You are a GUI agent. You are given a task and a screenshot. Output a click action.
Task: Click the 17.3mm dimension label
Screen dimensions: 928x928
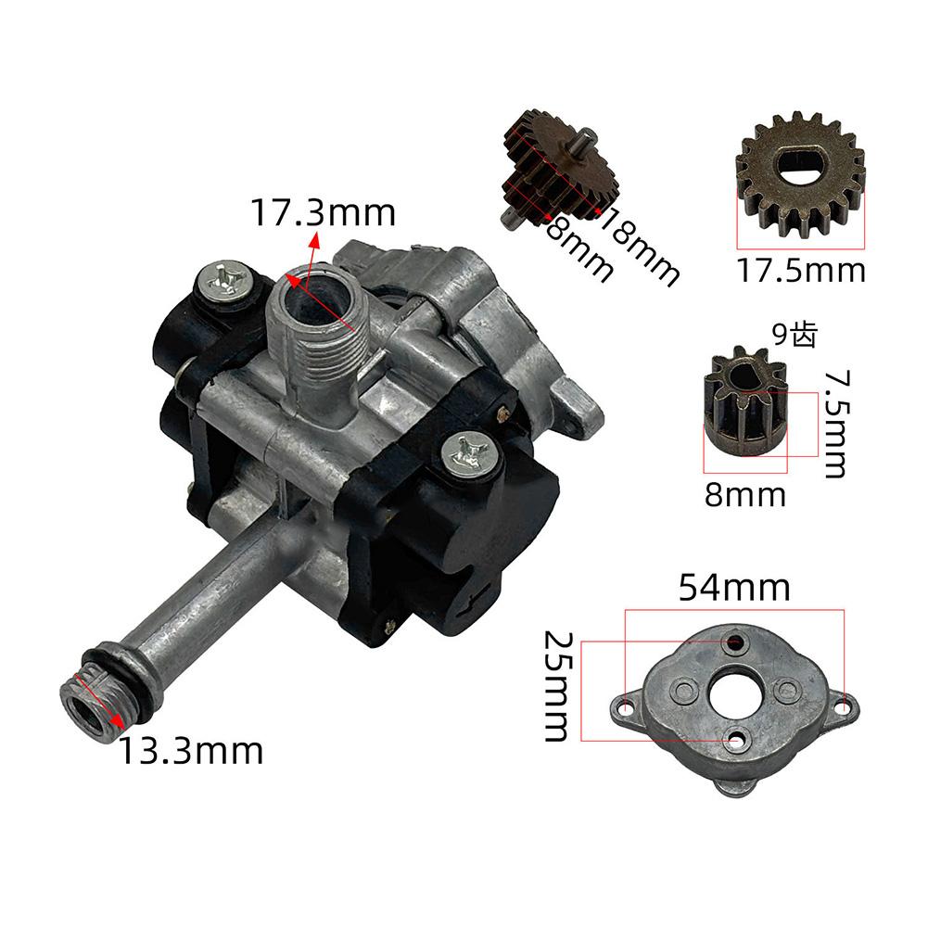[323, 213]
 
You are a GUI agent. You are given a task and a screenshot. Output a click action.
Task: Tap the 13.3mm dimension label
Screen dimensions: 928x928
[190, 750]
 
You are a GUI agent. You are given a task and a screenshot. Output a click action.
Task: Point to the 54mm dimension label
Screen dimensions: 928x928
[734, 588]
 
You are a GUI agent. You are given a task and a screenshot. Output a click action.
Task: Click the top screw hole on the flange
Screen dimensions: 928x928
[737, 641]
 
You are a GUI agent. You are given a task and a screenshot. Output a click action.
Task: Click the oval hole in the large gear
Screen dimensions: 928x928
[800, 165]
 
